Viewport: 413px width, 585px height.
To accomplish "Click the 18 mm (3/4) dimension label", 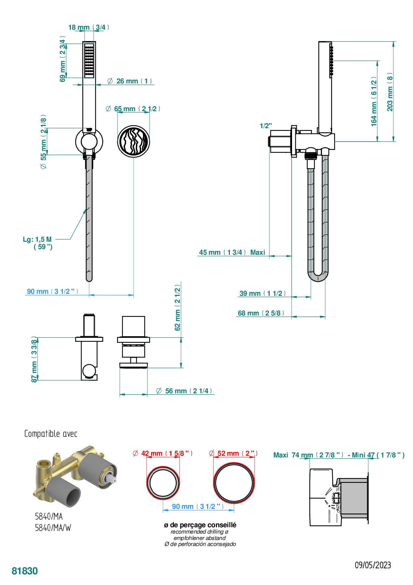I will (x=89, y=27).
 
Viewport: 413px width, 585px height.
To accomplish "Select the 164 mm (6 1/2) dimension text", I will (x=374, y=102).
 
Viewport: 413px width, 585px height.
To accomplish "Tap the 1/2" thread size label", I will (x=266, y=126).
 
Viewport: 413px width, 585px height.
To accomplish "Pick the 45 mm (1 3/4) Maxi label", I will (x=232, y=252).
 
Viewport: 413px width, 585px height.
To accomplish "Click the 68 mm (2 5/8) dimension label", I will (x=261, y=313).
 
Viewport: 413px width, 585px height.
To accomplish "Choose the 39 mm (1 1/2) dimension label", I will (x=263, y=294).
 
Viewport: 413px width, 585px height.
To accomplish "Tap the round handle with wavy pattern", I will (x=133, y=141).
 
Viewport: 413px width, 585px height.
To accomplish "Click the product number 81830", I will (x=25, y=571).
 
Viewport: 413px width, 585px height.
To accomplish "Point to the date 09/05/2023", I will (x=373, y=565).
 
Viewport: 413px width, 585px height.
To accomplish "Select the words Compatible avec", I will (x=51, y=434).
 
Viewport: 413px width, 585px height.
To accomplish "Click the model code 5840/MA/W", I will (x=53, y=528).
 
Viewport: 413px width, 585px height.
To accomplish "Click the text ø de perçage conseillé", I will (x=200, y=525).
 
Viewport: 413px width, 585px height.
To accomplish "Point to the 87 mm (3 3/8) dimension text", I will (x=34, y=359).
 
